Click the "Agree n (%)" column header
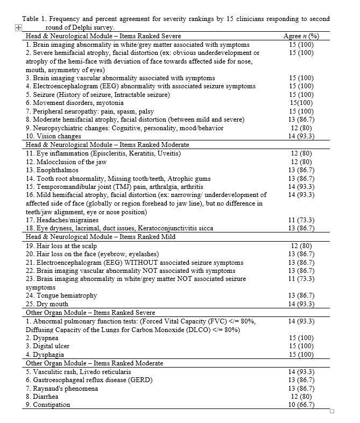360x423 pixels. [301, 36]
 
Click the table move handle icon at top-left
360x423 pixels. [18, 27]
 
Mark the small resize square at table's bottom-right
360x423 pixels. [332, 412]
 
